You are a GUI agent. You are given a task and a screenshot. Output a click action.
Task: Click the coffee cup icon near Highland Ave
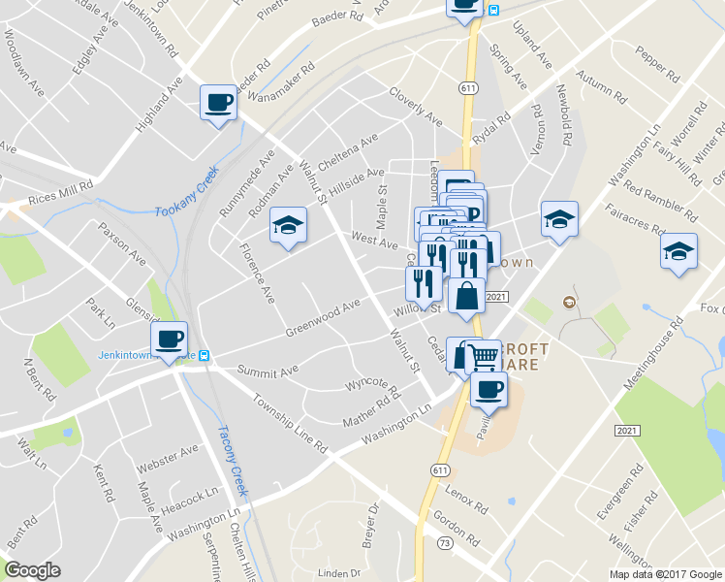click(217, 102)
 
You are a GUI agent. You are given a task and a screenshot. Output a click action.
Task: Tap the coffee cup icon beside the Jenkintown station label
click(170, 339)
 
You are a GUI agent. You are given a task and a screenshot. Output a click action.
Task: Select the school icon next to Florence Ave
click(287, 225)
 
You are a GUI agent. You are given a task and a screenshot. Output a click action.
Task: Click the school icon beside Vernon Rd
click(559, 219)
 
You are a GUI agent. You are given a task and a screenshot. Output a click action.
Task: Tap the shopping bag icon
click(466, 295)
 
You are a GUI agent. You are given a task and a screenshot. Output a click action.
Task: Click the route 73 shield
click(444, 543)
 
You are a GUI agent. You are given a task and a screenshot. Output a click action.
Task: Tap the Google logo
click(33, 570)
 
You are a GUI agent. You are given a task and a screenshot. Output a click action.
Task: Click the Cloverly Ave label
click(414, 107)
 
